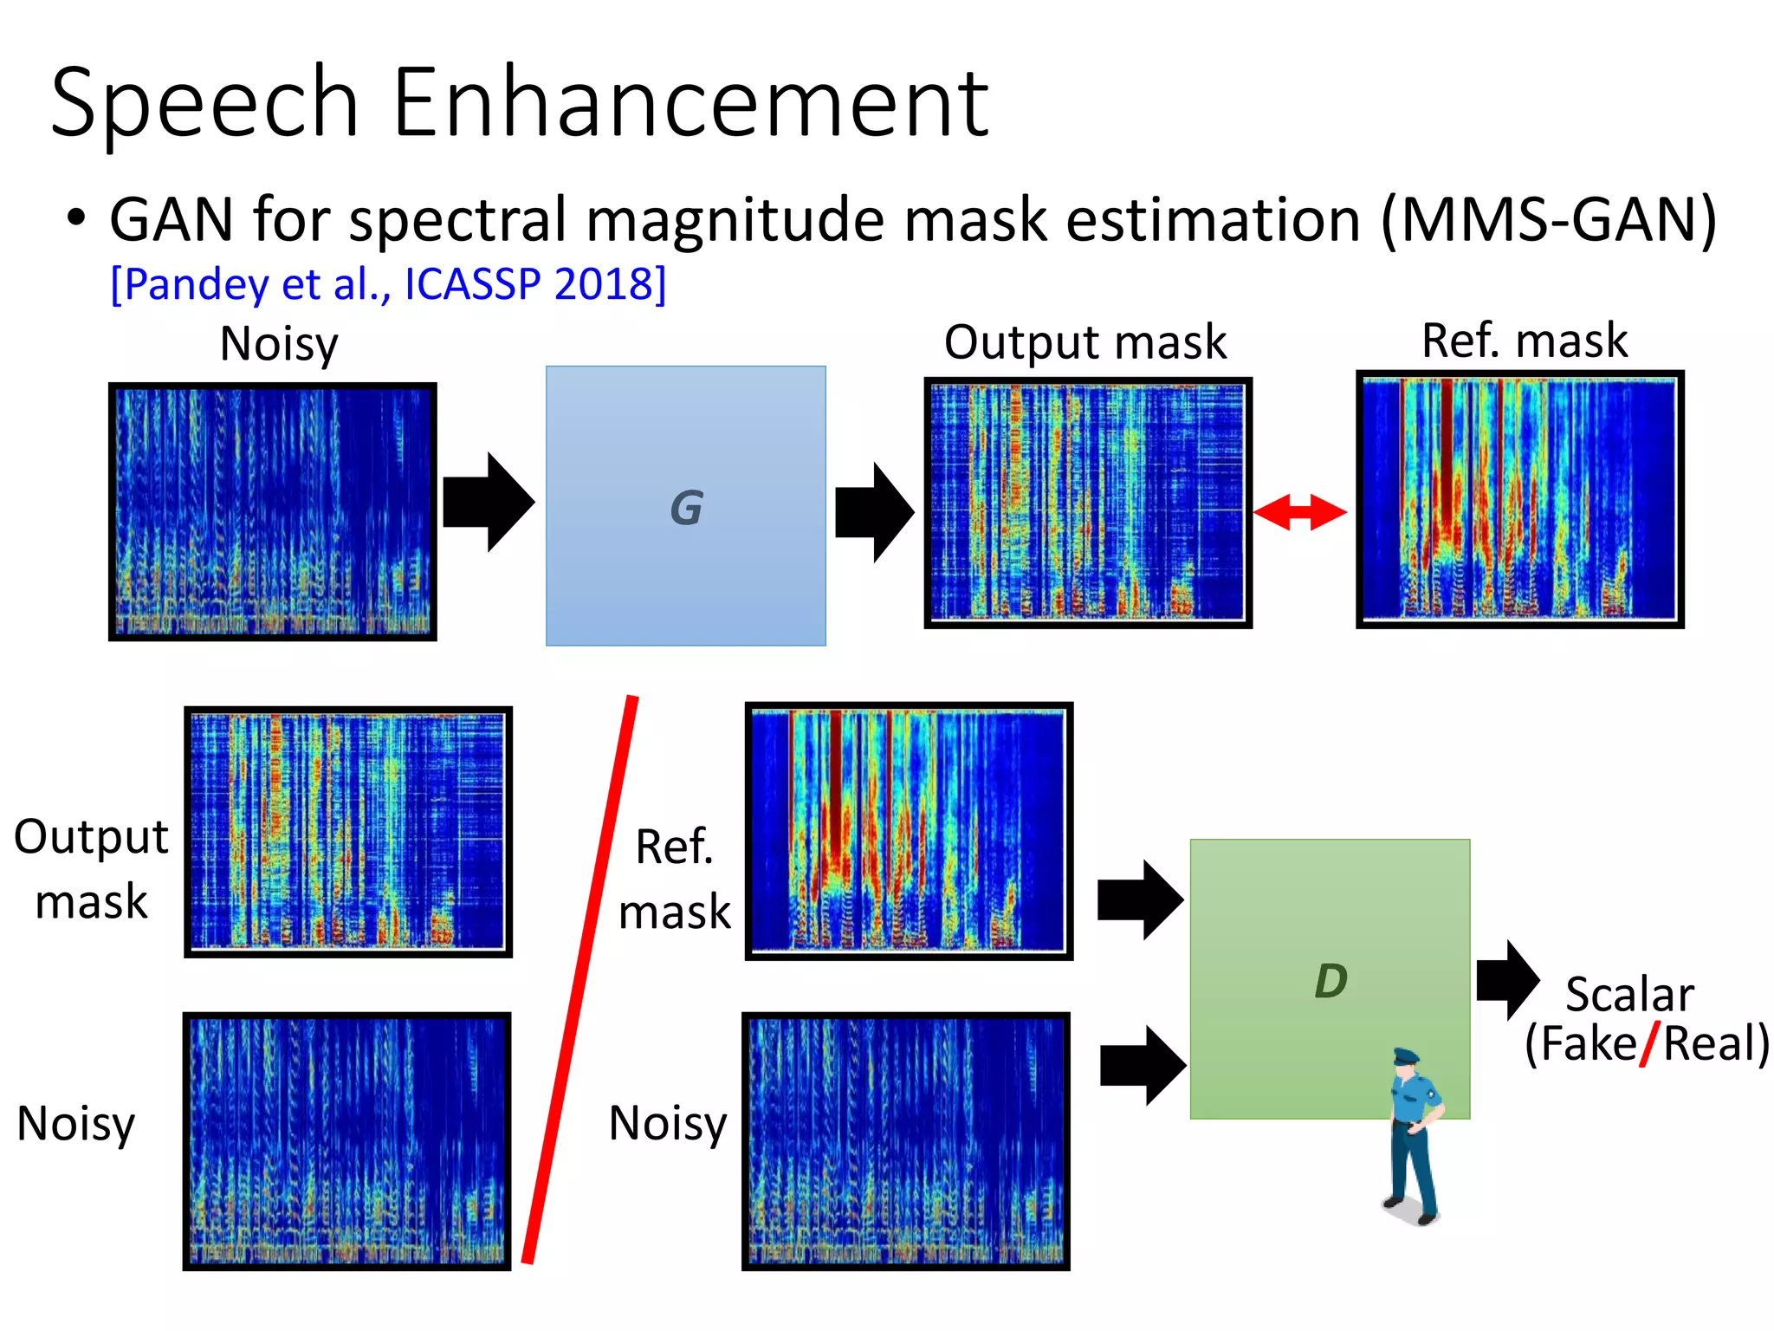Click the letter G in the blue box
686,508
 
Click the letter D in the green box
1330,981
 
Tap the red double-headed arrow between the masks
1299,512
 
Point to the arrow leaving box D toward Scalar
1508,980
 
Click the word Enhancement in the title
690,104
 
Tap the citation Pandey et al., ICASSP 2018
388,283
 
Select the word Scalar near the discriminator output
1629,994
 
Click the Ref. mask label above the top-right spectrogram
1524,340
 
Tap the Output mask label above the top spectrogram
1084,341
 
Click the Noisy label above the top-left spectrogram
278,343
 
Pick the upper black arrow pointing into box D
1140,900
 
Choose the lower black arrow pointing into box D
1143,1066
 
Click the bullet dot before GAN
76,218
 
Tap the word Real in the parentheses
1710,1043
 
